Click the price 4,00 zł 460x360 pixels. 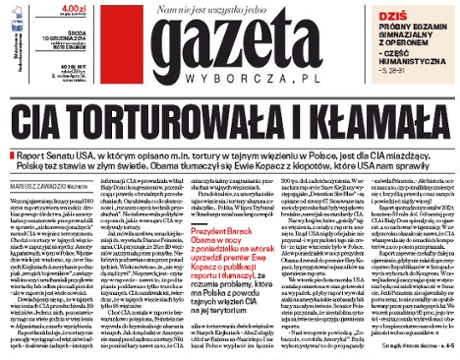tap(40, 8)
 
